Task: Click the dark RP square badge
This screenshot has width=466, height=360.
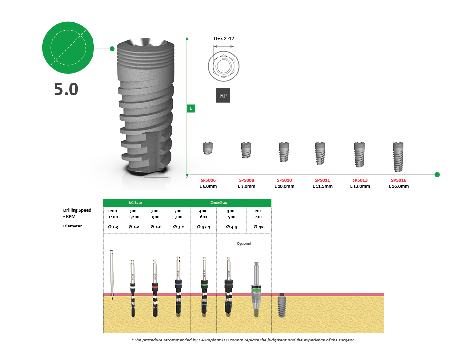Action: [223, 95]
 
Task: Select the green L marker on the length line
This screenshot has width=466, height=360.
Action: [191, 108]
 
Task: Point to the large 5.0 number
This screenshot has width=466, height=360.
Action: [66, 89]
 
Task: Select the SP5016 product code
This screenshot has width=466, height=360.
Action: [398, 180]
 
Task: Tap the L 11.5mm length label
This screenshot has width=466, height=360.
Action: [322, 186]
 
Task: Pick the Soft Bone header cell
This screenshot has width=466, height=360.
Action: [135, 202]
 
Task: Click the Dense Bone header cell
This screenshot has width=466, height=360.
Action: [219, 202]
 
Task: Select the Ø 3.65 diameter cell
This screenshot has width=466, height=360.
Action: [203, 227]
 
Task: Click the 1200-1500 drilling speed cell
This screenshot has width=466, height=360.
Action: [113, 213]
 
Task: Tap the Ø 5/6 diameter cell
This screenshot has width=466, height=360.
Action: [259, 227]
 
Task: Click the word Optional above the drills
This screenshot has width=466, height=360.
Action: [243, 243]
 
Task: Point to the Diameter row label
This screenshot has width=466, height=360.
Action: [73, 226]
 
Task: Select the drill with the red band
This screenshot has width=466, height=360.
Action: [155, 287]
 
